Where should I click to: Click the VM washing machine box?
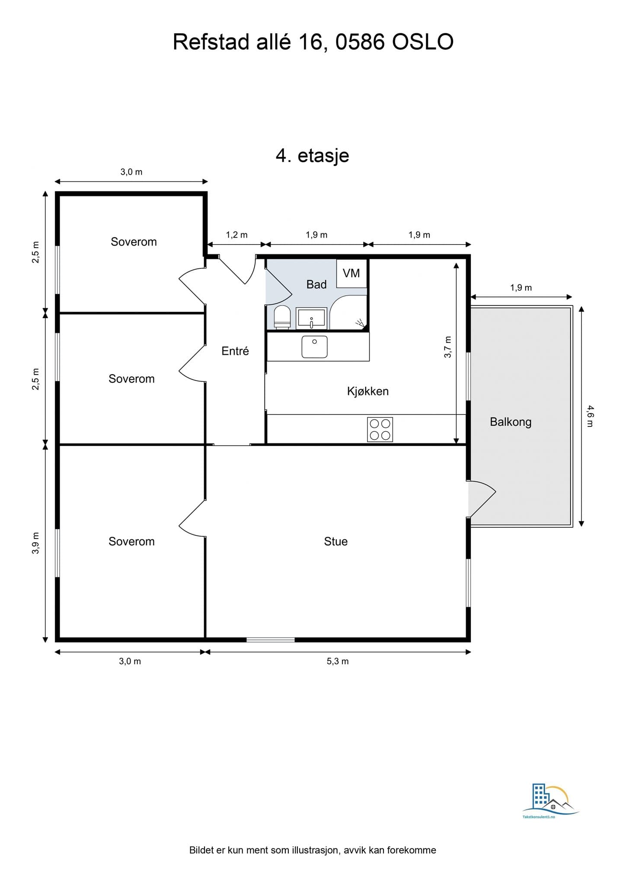(351, 273)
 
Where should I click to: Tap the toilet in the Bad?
(282, 318)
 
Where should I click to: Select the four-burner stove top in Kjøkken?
(380, 429)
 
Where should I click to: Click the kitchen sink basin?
(314, 347)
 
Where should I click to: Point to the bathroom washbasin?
(311, 318)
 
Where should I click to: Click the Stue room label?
(336, 541)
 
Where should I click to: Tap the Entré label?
(235, 351)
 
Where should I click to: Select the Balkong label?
(511, 422)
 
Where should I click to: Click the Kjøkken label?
(368, 391)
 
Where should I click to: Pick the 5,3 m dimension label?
(338, 661)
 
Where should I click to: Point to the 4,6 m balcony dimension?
(590, 416)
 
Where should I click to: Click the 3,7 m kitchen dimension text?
(447, 347)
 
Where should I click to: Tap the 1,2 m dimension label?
(237, 235)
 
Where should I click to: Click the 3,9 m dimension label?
(35, 543)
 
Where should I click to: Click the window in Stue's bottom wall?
(271, 640)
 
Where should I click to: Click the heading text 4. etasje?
(313, 156)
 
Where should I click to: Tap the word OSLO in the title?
(423, 42)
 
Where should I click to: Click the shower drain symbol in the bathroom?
(360, 322)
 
